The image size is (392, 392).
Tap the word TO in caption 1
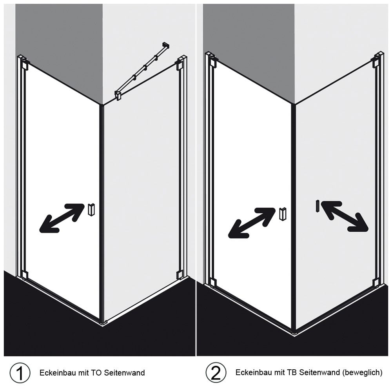tap(95, 373)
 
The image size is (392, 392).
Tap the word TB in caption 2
tap(292, 372)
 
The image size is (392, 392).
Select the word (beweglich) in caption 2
tap(362, 373)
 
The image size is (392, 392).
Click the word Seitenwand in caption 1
tap(124, 373)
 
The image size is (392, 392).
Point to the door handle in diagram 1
tap(91, 209)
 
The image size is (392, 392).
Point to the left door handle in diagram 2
tap(283, 214)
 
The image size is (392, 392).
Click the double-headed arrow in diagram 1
tap(62, 218)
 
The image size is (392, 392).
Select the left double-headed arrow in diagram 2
tap(252, 222)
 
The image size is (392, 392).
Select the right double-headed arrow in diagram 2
tap(344, 216)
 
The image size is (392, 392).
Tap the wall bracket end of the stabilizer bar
tap(166, 45)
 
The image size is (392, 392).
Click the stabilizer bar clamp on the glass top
tap(118, 95)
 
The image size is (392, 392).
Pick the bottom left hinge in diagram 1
tap(24, 274)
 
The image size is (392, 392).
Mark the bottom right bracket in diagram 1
tap(179, 275)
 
